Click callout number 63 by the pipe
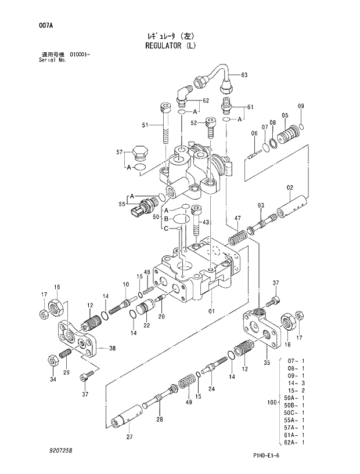click(244, 75)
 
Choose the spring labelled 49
click(185, 383)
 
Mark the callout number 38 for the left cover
click(112, 349)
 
